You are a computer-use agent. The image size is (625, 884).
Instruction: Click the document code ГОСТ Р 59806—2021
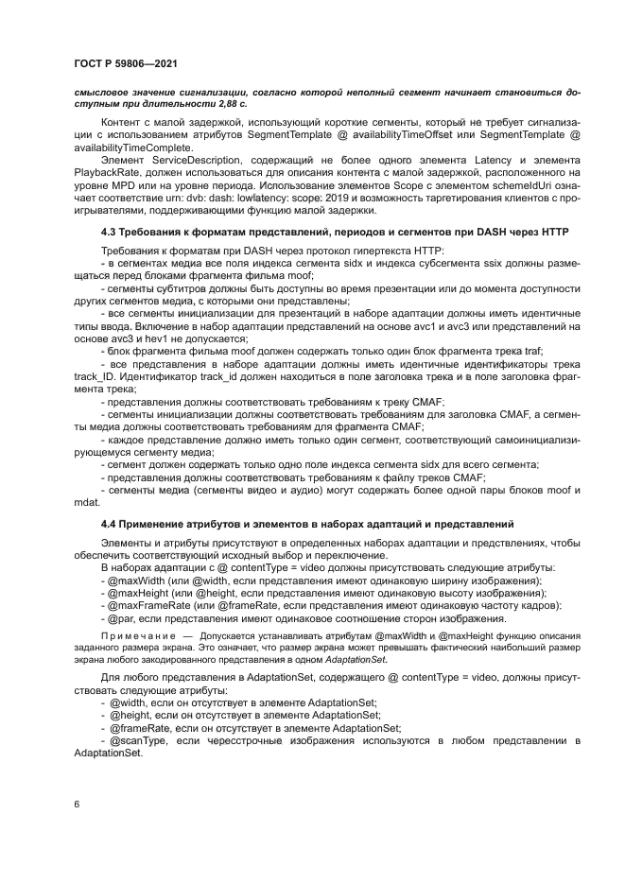[x=127, y=63]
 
